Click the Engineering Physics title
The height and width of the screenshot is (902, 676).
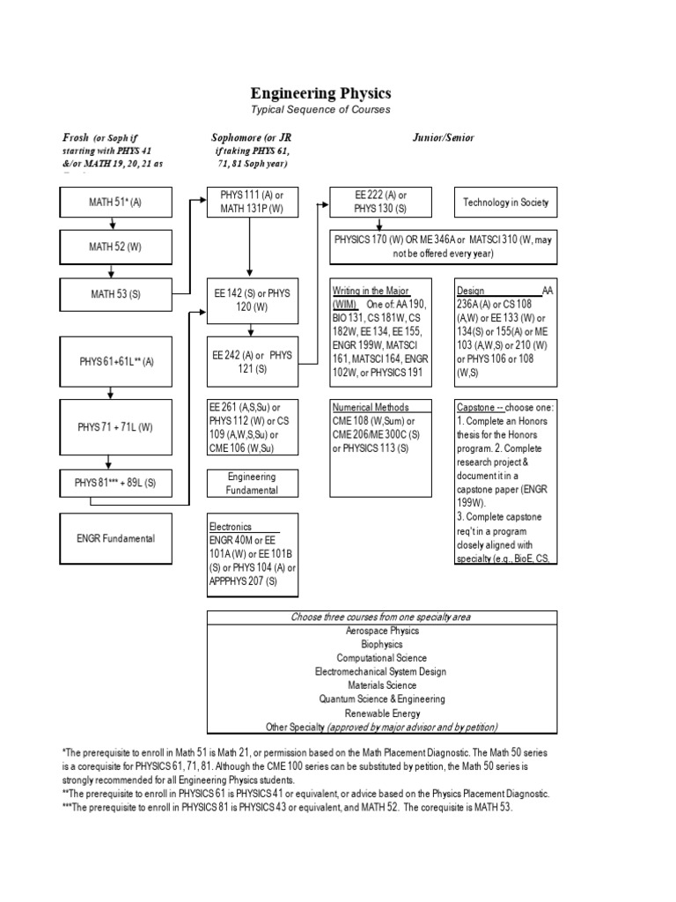tap(320, 92)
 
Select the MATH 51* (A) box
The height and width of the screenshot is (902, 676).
tap(114, 202)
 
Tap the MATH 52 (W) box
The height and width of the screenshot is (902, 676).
tap(114, 247)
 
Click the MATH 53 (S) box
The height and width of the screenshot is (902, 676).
tap(114, 293)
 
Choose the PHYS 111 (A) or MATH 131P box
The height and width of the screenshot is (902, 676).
tap(253, 202)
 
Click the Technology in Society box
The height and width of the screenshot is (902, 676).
tap(505, 202)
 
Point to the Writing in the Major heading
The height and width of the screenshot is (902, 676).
tap(370, 291)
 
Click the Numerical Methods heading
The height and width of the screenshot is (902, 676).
tap(370, 408)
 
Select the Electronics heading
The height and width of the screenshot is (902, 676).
tap(231, 527)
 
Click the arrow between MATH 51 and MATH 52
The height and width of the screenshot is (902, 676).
tap(114, 224)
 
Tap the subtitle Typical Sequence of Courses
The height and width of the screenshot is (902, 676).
tap(320, 110)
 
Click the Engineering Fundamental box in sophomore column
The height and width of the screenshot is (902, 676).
tap(253, 483)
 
